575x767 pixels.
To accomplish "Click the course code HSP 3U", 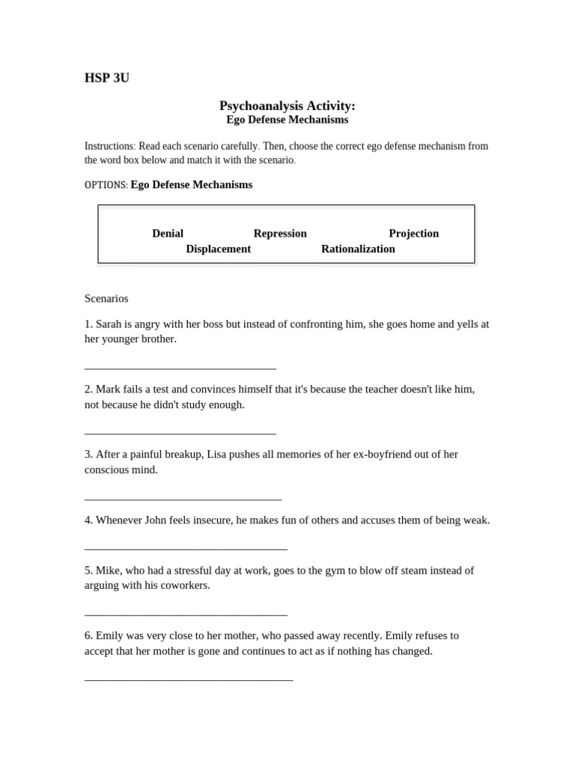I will click(107, 78).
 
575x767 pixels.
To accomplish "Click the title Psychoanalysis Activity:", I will click(287, 106).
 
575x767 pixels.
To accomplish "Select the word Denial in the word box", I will click(168, 233).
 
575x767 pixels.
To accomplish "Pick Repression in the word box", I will click(280, 233).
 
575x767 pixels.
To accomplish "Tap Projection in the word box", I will click(413, 233).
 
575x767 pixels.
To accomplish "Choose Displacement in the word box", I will click(218, 249).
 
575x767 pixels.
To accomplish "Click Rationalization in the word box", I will click(358, 249).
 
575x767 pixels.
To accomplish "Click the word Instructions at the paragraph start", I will click(109, 146).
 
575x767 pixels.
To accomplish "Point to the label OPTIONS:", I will click(106, 185).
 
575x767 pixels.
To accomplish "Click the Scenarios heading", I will click(106, 298).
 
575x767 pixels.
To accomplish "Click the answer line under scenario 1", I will click(180, 368).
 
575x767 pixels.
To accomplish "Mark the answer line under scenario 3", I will click(183, 498).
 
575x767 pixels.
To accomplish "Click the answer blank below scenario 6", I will click(189, 679).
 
